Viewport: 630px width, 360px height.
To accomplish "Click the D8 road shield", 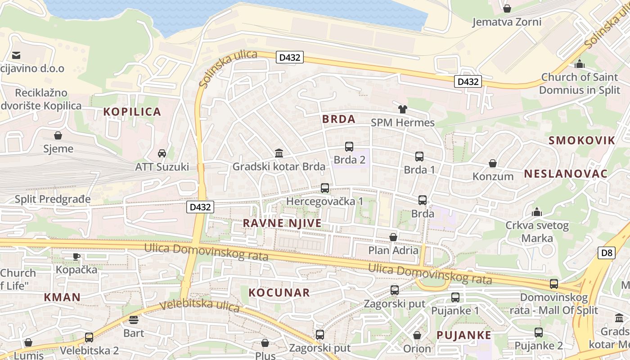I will click(607, 253).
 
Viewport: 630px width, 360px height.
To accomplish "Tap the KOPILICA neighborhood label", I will click(132, 112).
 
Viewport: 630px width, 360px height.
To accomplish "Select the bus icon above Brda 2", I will click(349, 147).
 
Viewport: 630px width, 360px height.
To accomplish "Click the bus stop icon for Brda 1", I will click(419, 157).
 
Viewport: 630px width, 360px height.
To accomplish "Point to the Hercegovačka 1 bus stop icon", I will click(325, 188).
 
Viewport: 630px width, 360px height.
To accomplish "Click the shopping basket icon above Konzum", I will click(493, 163).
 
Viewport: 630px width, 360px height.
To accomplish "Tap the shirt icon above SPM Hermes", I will click(402, 109).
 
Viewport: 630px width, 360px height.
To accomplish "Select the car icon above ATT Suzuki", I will click(162, 153).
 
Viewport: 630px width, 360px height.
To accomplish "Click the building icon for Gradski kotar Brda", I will click(279, 153).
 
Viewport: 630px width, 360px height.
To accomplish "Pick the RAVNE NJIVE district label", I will click(282, 223).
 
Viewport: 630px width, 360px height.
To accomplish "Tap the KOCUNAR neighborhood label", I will click(279, 293).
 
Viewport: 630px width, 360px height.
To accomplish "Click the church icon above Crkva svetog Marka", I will click(536, 212).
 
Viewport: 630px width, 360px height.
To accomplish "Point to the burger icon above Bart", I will click(134, 320).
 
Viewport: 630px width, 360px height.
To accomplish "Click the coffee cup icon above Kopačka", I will click(76, 256).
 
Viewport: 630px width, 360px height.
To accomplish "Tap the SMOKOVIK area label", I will click(581, 140).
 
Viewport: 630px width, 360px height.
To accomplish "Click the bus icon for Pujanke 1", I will click(455, 297).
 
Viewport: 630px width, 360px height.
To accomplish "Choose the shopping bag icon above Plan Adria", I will click(393, 237).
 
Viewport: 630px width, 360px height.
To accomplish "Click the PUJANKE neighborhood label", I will click(464, 335).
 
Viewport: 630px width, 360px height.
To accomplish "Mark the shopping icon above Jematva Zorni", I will click(507, 9).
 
